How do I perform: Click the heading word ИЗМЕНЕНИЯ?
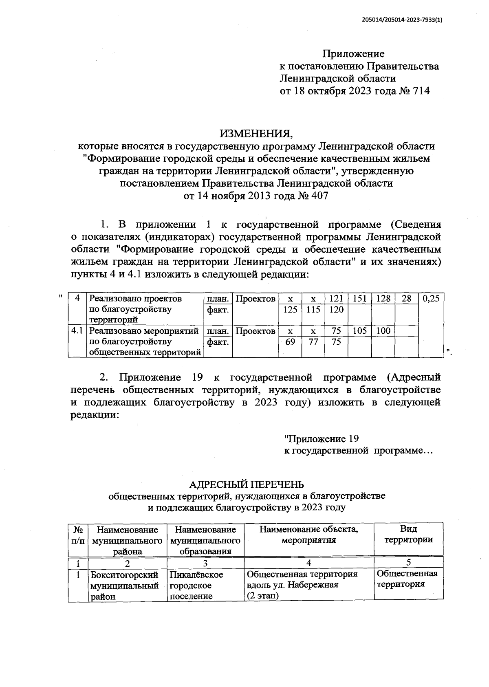pyautogui.click(x=256, y=134)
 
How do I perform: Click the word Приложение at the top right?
pyautogui.click(x=353, y=54)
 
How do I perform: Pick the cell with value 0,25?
pyautogui.click(x=431, y=298)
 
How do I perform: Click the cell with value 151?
pyautogui.click(x=359, y=298)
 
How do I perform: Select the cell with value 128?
pyautogui.click(x=383, y=298)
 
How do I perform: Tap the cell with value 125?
pyautogui.click(x=290, y=309)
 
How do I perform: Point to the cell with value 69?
pyautogui.click(x=290, y=342)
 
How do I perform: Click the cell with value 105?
pyautogui.click(x=359, y=331)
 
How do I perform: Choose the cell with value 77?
pyautogui.click(x=313, y=342)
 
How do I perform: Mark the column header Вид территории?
pyautogui.click(x=408, y=534)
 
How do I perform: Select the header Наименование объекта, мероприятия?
pyautogui.click(x=309, y=535)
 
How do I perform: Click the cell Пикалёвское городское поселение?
pyautogui.click(x=197, y=585)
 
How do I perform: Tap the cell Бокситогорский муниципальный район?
pyautogui.click(x=124, y=586)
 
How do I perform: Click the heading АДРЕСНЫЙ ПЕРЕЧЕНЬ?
pyautogui.click(x=247, y=484)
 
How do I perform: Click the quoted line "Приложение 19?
pyautogui.click(x=321, y=439)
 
